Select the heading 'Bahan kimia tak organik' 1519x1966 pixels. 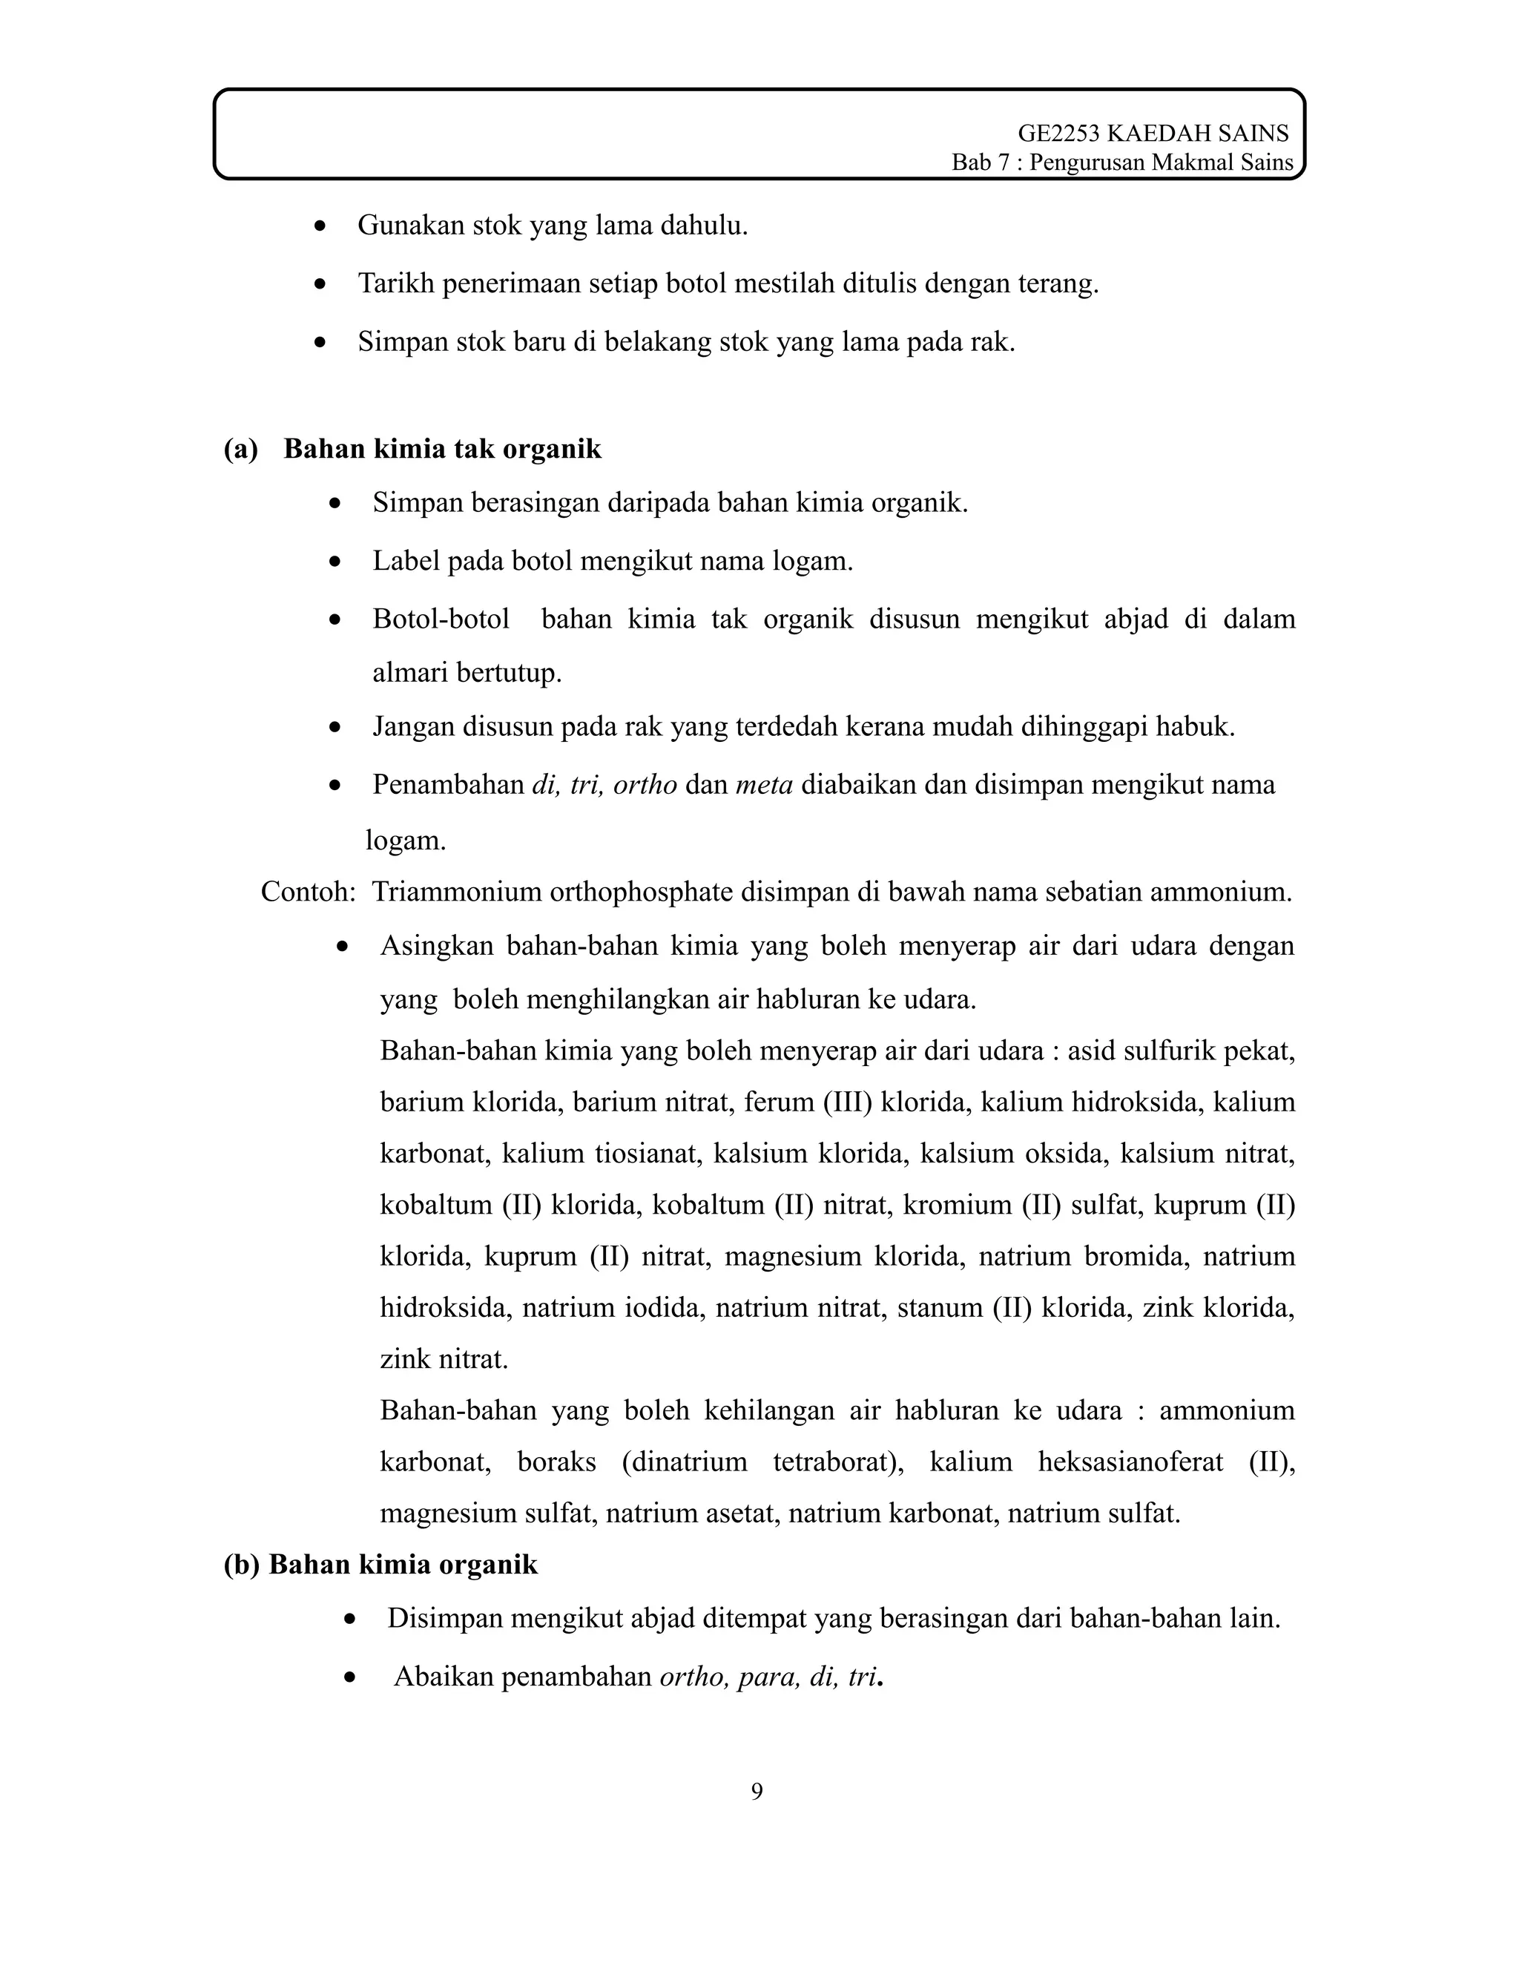(x=442, y=448)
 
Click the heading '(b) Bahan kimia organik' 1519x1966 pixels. (x=380, y=1565)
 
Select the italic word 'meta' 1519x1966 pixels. (x=764, y=784)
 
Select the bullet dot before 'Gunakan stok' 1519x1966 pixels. (x=320, y=226)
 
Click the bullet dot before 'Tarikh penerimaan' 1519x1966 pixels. (x=320, y=284)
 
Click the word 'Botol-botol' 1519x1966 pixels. (x=441, y=619)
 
